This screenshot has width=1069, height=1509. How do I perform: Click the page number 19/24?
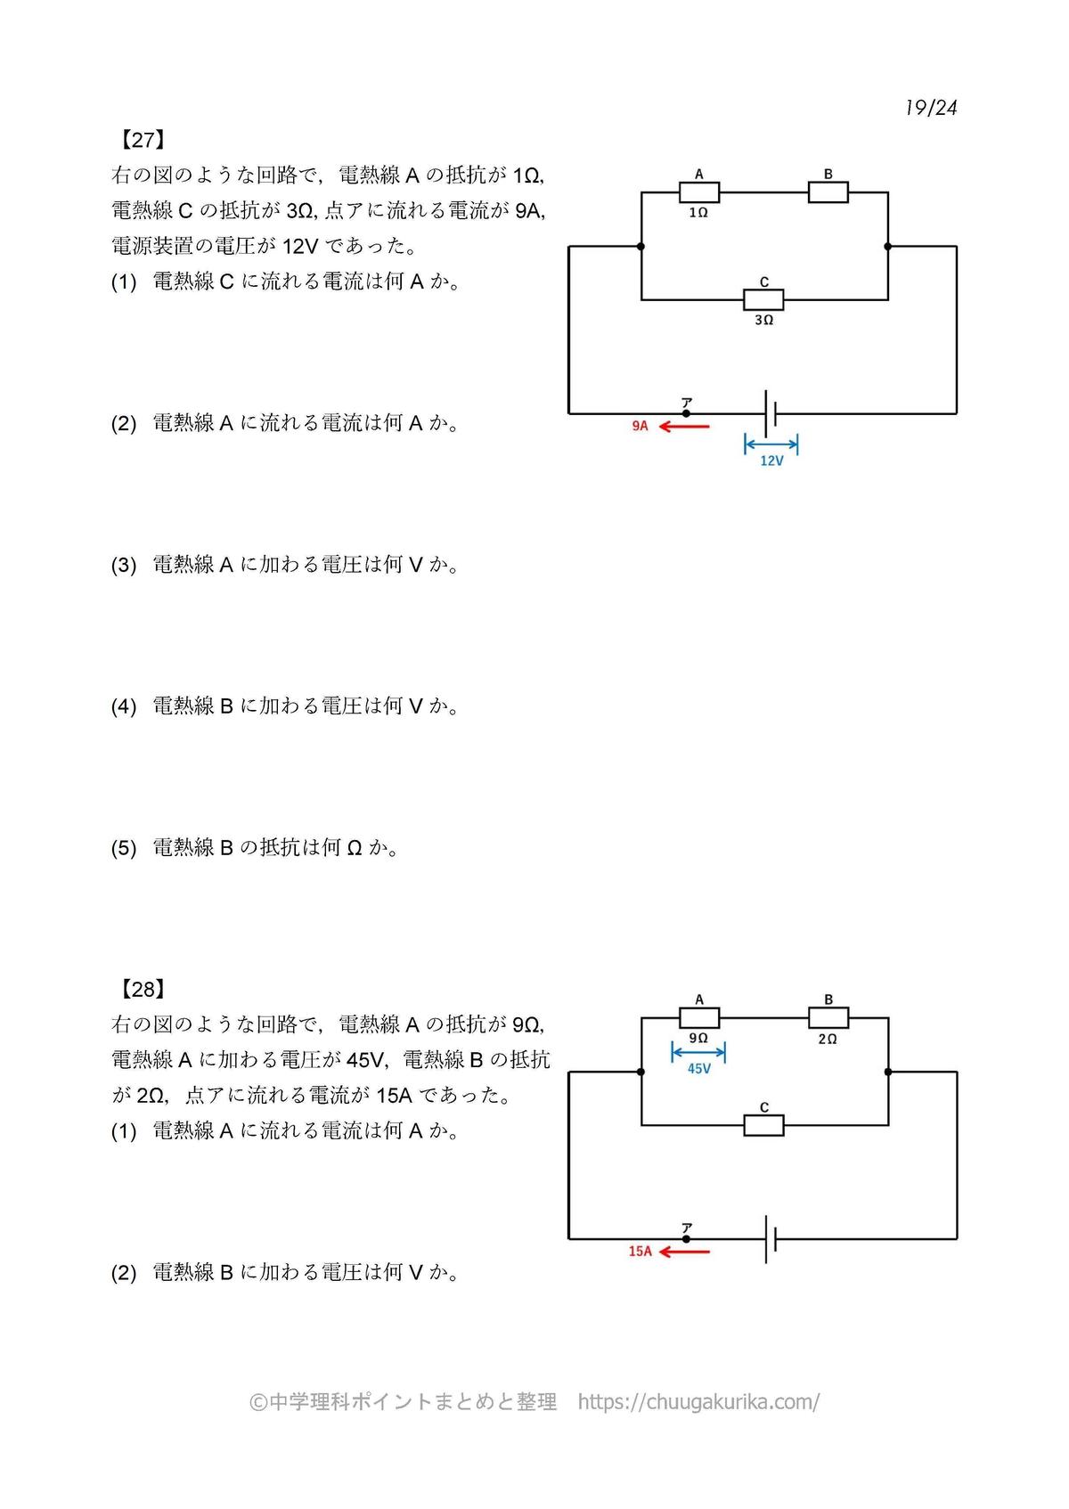click(931, 108)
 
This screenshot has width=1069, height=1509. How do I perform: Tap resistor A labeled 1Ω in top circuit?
click(699, 192)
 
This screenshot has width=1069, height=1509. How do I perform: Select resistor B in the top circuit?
click(828, 192)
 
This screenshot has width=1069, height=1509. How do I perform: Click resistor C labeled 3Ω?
click(763, 299)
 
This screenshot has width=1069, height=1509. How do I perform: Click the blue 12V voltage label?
click(771, 461)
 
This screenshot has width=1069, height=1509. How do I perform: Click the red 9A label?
click(641, 427)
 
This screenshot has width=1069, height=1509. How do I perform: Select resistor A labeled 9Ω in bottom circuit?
click(699, 1017)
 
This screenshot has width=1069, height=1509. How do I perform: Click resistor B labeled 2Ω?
click(828, 1017)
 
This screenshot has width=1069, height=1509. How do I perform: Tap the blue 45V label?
click(699, 1069)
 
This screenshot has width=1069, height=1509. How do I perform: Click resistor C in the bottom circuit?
click(763, 1125)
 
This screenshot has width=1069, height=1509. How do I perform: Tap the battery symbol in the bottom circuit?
click(770, 1239)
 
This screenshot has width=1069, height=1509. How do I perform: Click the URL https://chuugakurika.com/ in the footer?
click(698, 1402)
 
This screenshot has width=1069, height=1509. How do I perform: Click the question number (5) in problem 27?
click(124, 848)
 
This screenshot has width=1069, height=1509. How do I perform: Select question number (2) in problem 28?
click(124, 1273)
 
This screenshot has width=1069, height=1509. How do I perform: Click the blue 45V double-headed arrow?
click(698, 1053)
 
